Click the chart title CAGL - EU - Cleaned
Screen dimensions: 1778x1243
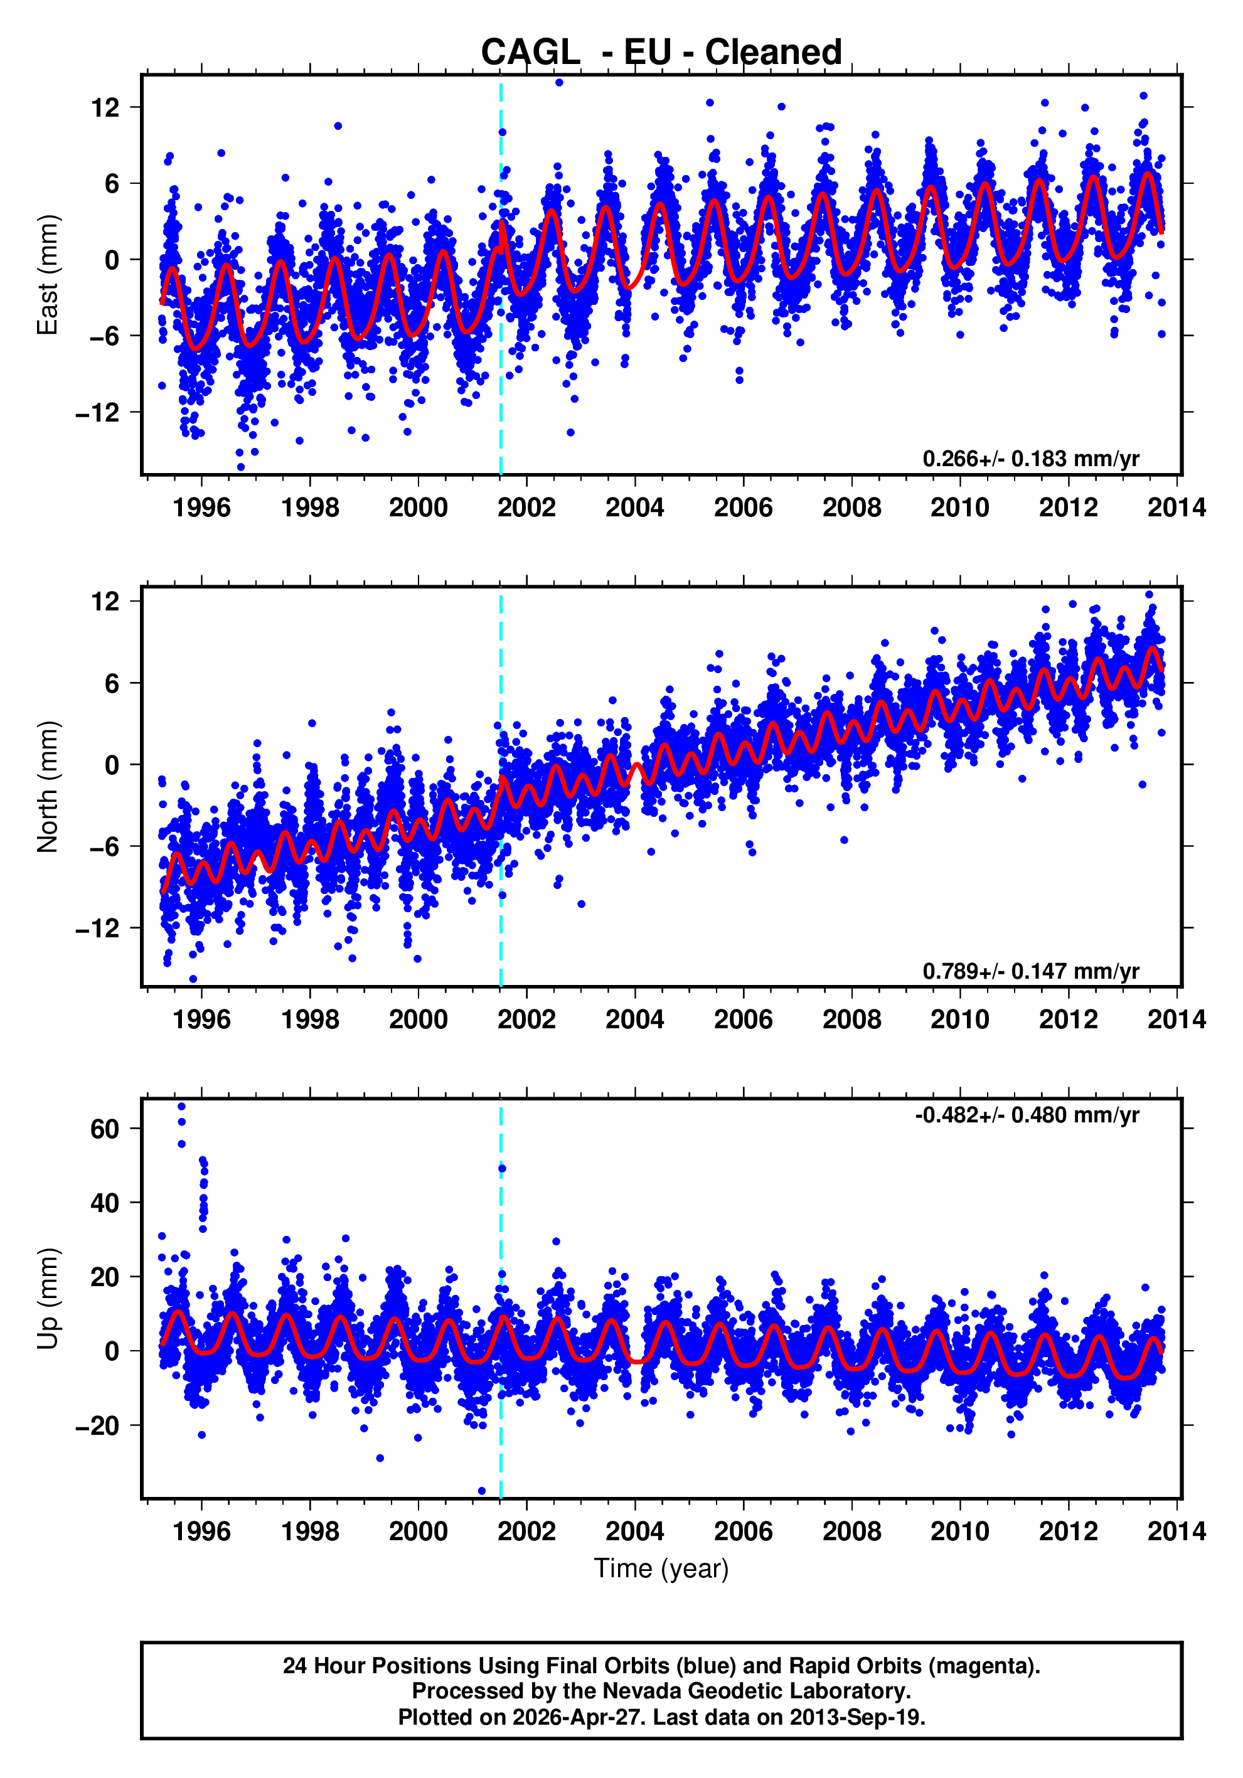pos(661,53)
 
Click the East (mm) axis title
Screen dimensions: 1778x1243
pos(48,275)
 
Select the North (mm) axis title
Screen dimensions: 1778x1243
pos(48,787)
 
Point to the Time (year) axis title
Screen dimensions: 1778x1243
pos(661,1568)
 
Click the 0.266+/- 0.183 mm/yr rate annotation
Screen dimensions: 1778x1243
pos(1030,459)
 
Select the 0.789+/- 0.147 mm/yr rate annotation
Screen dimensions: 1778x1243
pos(1030,971)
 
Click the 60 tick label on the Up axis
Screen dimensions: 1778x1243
pos(105,1129)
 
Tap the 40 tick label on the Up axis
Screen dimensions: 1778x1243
pos(105,1203)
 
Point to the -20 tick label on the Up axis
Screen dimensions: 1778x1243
pos(98,1425)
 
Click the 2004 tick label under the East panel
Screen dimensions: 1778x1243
pos(634,508)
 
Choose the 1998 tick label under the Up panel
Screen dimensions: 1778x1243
pos(310,1531)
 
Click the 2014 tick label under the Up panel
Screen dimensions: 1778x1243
pos(1176,1531)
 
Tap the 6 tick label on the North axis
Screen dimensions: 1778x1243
pos(112,683)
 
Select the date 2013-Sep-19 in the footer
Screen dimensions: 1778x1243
pos(856,1717)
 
